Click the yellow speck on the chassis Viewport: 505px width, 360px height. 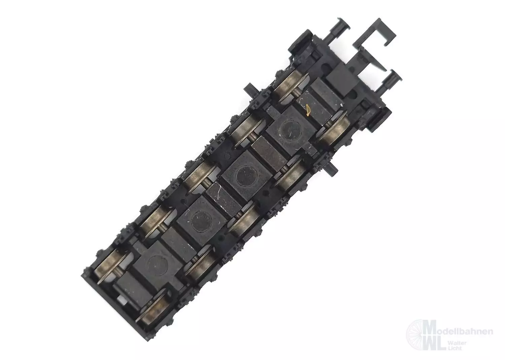(x=308, y=110)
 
